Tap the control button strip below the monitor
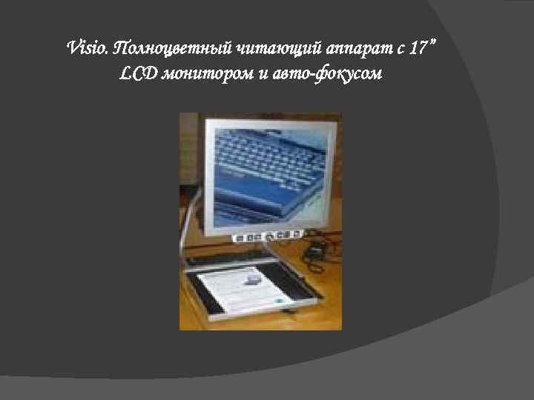pos(267,236)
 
